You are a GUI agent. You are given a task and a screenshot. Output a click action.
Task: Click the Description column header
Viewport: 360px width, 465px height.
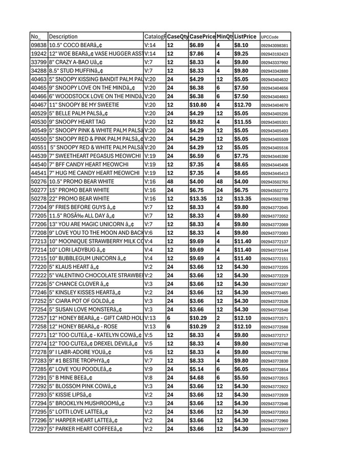tap(64, 37)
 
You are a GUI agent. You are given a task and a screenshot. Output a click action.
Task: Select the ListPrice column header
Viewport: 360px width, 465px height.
tap(245, 37)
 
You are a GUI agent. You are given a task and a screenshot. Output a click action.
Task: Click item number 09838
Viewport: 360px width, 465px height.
tap(39, 46)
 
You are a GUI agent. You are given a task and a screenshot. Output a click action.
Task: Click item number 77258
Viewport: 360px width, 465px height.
tap(39, 326)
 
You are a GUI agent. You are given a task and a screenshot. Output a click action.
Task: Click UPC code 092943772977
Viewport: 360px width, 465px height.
tap(274, 429)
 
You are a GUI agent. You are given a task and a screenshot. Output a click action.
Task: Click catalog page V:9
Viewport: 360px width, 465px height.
tap(149, 369)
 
